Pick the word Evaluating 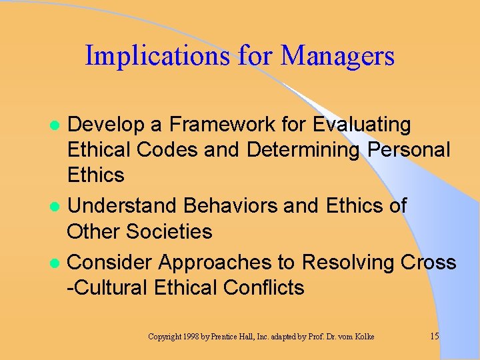point(362,125)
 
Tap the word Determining point(303,150)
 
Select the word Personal point(409,150)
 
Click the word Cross point(429,263)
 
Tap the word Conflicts point(263,288)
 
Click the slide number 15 point(434,336)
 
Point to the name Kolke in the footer point(364,337)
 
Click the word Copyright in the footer point(165,337)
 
